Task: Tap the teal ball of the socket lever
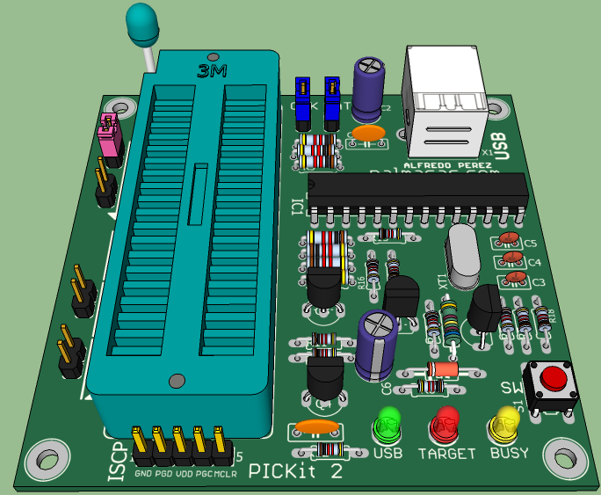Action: point(141,22)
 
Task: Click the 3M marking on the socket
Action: point(213,70)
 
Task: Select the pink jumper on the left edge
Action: point(111,136)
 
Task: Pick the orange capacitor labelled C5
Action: point(508,239)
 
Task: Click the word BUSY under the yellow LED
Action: point(509,454)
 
